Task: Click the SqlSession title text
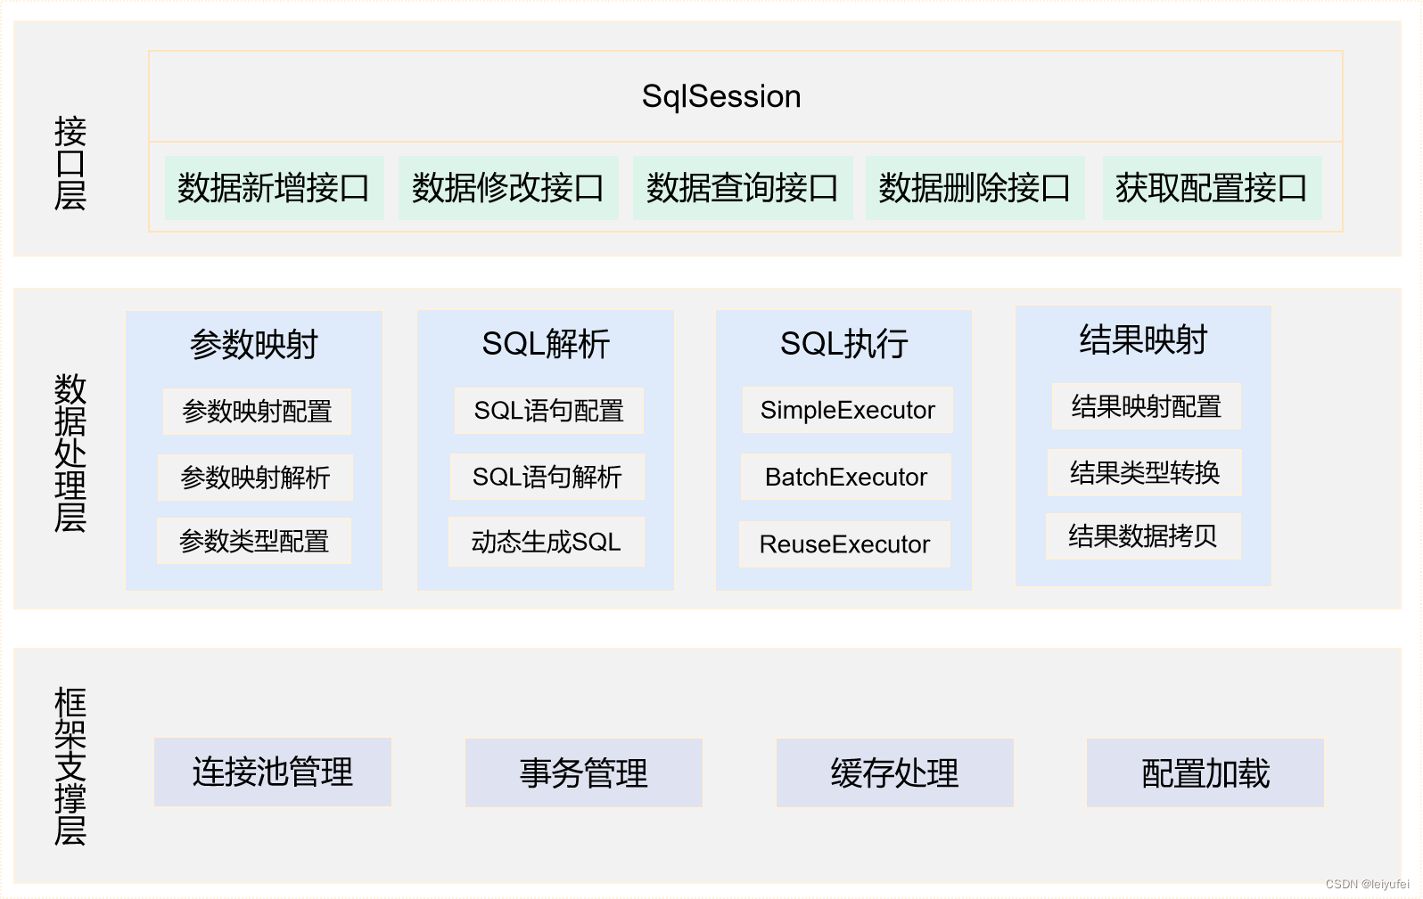(x=721, y=96)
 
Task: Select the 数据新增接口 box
(x=274, y=188)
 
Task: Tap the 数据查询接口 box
(x=742, y=188)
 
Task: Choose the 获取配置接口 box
(x=1211, y=188)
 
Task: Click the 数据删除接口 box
(x=975, y=188)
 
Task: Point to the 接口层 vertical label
(x=70, y=163)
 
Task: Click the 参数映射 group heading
(x=254, y=344)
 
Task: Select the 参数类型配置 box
(x=254, y=541)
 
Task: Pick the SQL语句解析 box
(x=547, y=477)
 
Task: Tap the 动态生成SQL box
(x=546, y=542)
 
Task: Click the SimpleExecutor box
(x=847, y=410)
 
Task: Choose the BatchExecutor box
(x=845, y=477)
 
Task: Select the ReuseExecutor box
(x=844, y=544)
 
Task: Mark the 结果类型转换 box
(x=1144, y=472)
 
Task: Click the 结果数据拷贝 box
(x=1142, y=535)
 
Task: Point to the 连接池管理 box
(x=273, y=772)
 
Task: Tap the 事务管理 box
(x=583, y=772)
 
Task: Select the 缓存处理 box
(x=894, y=772)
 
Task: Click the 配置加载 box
(x=1205, y=772)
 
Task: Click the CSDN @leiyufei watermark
(x=1367, y=884)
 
